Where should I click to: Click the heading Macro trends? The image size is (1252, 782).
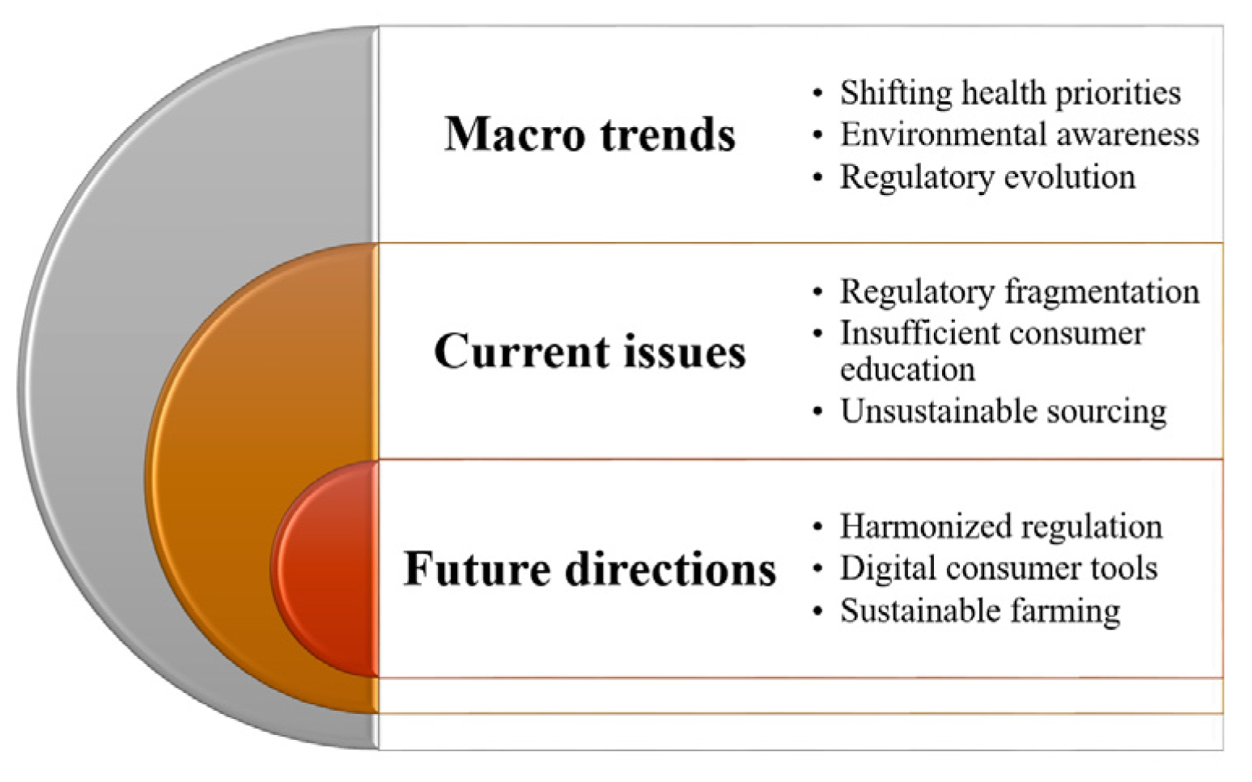pyautogui.click(x=590, y=134)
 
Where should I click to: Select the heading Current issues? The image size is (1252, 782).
pyautogui.click(x=590, y=351)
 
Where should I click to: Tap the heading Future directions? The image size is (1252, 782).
pyautogui.click(x=590, y=569)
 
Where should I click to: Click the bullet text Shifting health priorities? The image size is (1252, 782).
pyautogui.click(x=1011, y=93)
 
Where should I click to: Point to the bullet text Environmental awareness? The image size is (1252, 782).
pyautogui.click(x=1020, y=134)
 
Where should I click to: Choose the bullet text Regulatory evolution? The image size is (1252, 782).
pyautogui.click(x=987, y=177)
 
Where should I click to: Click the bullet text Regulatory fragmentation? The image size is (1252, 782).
pyautogui.click(x=1020, y=291)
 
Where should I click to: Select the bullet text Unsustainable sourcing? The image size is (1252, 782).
pyautogui.click(x=1004, y=412)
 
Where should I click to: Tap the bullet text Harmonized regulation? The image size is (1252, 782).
pyautogui.click(x=1001, y=526)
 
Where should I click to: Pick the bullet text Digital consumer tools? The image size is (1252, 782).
pyautogui.click(x=999, y=568)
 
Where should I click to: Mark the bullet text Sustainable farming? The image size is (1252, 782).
pyautogui.click(x=980, y=611)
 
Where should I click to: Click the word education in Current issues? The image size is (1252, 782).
pyautogui.click(x=908, y=369)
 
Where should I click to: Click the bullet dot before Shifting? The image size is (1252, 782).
pyautogui.click(x=818, y=93)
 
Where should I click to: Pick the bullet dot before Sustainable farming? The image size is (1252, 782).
pyautogui.click(x=818, y=611)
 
